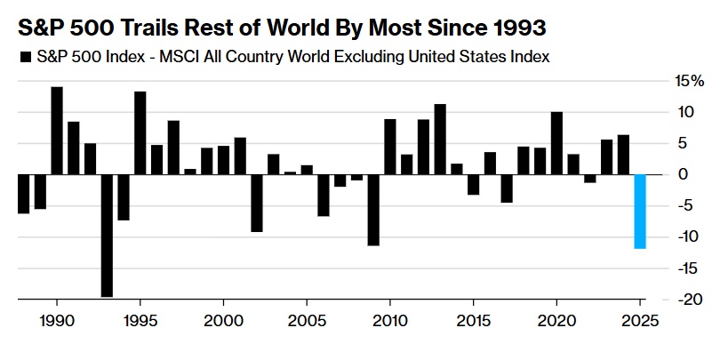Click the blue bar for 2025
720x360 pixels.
(x=639, y=212)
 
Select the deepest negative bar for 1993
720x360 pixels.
(x=107, y=236)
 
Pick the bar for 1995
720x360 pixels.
(x=140, y=133)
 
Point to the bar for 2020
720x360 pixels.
(x=556, y=143)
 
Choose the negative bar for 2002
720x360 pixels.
(x=257, y=203)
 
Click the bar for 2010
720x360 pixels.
(x=389, y=147)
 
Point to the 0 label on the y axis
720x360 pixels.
(x=683, y=174)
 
